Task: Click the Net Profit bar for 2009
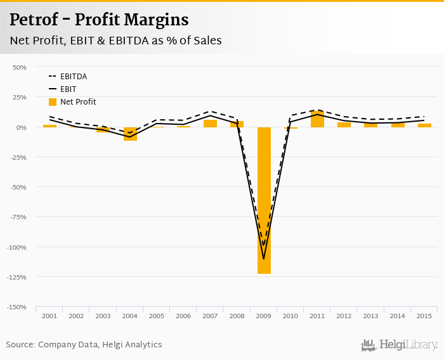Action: (x=264, y=200)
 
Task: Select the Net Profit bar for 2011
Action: (x=317, y=119)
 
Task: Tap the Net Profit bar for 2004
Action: (x=130, y=134)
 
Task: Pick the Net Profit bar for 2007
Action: (x=210, y=124)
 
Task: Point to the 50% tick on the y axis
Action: (x=20, y=67)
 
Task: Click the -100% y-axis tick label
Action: (x=17, y=247)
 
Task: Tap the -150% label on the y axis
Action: (x=17, y=307)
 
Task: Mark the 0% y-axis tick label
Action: (x=21, y=127)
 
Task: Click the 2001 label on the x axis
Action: (x=49, y=316)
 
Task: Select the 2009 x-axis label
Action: (x=264, y=316)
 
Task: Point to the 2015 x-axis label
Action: (x=424, y=316)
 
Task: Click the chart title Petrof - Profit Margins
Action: (x=99, y=20)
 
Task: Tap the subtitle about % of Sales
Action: (x=115, y=41)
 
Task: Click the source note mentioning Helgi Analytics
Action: (x=84, y=345)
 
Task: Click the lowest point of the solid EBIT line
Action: (x=264, y=259)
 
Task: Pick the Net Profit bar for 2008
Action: (x=237, y=124)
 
